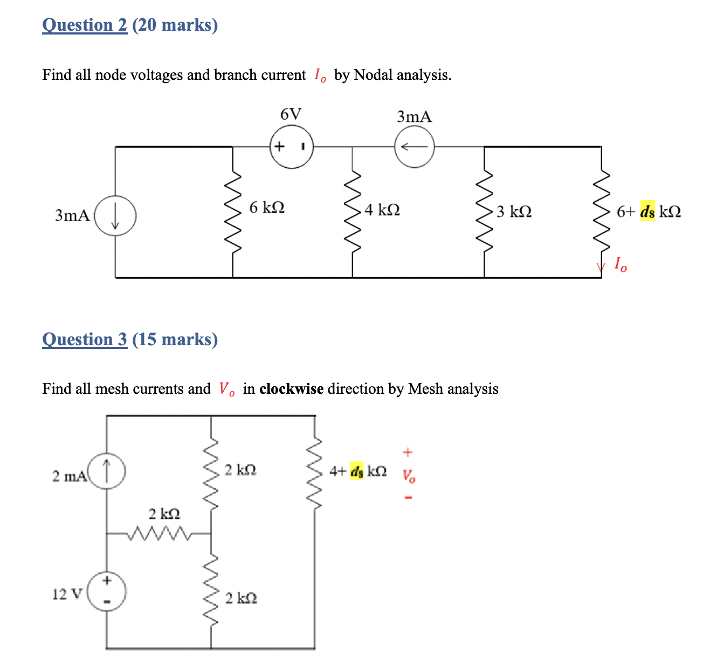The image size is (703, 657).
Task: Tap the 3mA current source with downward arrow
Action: click(x=115, y=216)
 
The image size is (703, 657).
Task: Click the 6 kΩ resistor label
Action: click(x=267, y=207)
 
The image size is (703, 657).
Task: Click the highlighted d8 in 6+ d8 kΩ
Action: click(x=647, y=211)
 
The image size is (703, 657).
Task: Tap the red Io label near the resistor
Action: click(x=621, y=264)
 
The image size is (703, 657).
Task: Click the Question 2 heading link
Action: click(x=85, y=25)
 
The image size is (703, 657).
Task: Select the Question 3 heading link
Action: click(x=85, y=339)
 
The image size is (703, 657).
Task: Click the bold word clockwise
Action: click(x=291, y=389)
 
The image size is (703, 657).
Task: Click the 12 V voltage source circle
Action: click(x=107, y=592)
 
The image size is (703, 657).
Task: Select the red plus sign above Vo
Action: click(x=408, y=451)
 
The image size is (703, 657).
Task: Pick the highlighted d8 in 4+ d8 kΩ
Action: click(x=357, y=471)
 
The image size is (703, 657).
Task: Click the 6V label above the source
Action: click(x=291, y=114)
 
